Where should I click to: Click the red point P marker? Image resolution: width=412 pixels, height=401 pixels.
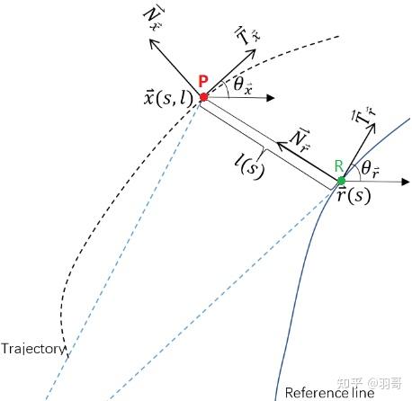click(x=204, y=96)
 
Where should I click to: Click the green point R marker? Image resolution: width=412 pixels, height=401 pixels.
click(x=341, y=181)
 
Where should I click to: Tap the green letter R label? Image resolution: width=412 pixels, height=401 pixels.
click(x=337, y=165)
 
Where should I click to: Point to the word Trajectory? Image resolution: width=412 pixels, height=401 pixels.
click(x=33, y=348)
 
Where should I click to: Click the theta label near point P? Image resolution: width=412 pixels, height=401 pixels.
click(x=241, y=85)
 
